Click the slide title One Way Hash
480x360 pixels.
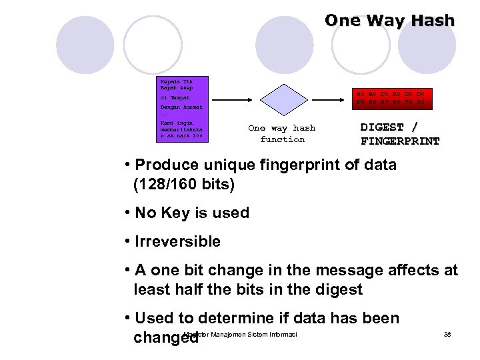(389, 21)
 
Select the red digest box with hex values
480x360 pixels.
(391, 98)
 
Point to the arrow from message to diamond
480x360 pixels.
(234, 99)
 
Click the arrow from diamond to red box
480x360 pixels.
(329, 99)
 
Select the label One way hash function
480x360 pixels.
(281, 133)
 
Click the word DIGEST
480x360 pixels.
(382, 127)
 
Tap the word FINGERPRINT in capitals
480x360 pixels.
(400, 141)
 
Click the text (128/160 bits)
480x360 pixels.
(184, 183)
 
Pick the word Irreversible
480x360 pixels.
(178, 241)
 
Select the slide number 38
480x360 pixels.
(447, 334)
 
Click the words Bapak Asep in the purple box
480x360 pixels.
(175, 87)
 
